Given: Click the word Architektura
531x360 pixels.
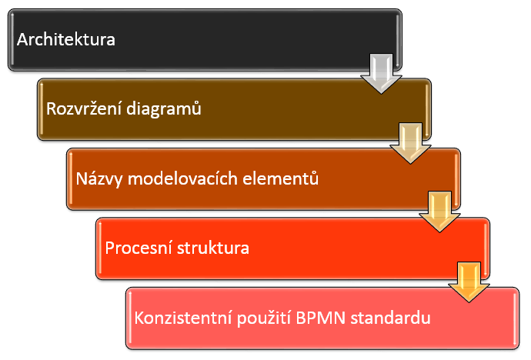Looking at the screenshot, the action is pos(66,39).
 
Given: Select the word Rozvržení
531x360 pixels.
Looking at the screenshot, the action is pos(84,108).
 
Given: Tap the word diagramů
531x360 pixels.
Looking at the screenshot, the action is pos(164,109).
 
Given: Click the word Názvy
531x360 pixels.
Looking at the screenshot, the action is pos(99,178).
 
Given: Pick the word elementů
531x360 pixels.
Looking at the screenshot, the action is pos(281,178).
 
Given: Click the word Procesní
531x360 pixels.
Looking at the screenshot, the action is pos(139,248).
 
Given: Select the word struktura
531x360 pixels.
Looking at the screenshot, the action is pos(213,248).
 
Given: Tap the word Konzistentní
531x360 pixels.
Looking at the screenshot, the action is pos(183,318).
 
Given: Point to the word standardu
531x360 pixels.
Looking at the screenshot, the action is pos(390,318).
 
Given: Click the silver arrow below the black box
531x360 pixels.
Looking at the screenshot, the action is pos(381,73).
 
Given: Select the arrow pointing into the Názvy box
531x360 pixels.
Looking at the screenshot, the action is pos(410,143).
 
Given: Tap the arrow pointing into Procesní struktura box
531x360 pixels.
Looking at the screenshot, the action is pos(439,212).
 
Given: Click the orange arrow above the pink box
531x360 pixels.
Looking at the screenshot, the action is pos(469,282).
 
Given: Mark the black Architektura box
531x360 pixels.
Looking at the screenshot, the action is pos(205,40).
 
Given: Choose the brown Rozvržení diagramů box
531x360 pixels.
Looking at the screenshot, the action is pos(234,109).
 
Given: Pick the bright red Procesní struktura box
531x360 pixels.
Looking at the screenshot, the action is pos(292,248).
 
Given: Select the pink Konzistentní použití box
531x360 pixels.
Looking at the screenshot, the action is pos(322,318).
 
